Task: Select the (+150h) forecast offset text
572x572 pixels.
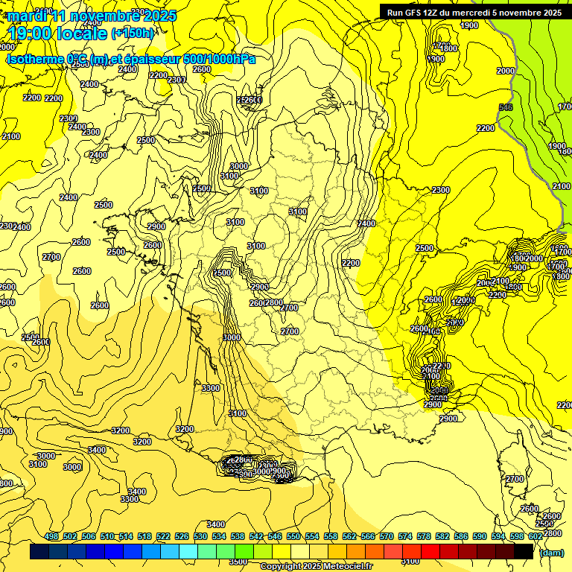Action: pos(133,33)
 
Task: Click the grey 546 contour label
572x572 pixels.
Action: pos(506,108)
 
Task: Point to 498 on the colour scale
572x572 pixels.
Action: pos(51,536)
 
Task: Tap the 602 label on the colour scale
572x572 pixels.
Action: pos(535,536)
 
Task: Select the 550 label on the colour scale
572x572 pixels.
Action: pos(293,536)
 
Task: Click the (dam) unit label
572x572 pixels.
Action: pos(551,552)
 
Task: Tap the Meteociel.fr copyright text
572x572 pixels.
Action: pos(317,566)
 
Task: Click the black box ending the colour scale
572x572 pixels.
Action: pos(524,551)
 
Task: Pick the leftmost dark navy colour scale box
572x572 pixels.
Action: pos(39,551)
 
